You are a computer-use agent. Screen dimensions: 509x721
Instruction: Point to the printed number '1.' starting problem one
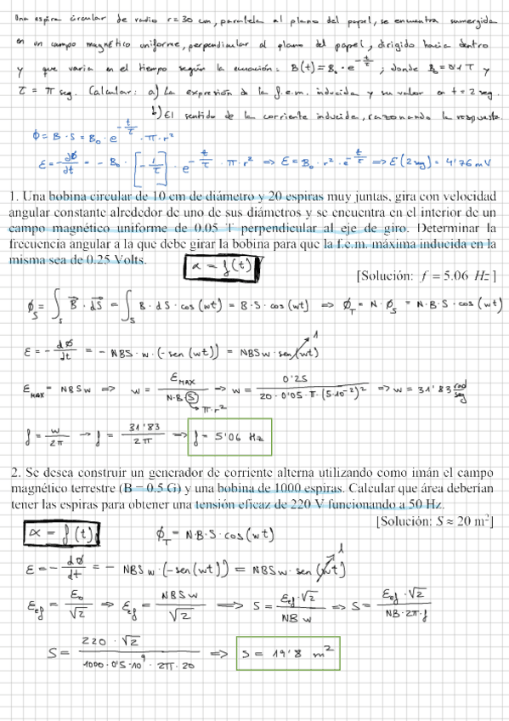point(15,197)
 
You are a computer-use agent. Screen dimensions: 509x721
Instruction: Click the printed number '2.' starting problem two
point(16,471)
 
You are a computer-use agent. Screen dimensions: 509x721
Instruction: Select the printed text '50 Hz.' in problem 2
point(424,504)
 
